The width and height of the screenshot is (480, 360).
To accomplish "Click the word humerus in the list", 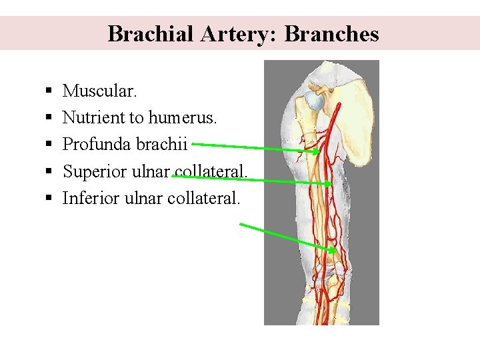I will (x=181, y=117).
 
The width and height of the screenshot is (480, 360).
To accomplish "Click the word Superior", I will (x=94, y=171).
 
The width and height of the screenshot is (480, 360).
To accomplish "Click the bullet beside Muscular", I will (x=50, y=91).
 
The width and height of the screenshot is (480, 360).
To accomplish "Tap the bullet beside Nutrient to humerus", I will (x=50, y=118).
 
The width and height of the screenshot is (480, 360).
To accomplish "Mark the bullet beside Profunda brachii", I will (x=50, y=145).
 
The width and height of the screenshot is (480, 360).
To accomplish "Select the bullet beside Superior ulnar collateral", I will (x=50, y=172).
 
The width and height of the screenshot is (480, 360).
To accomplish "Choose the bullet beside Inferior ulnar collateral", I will (x=50, y=199).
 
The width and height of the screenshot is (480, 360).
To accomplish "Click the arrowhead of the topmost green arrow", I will (x=317, y=152).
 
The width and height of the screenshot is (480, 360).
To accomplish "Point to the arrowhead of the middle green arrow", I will (x=329, y=183).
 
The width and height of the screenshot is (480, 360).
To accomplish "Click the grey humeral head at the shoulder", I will (x=314, y=101).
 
